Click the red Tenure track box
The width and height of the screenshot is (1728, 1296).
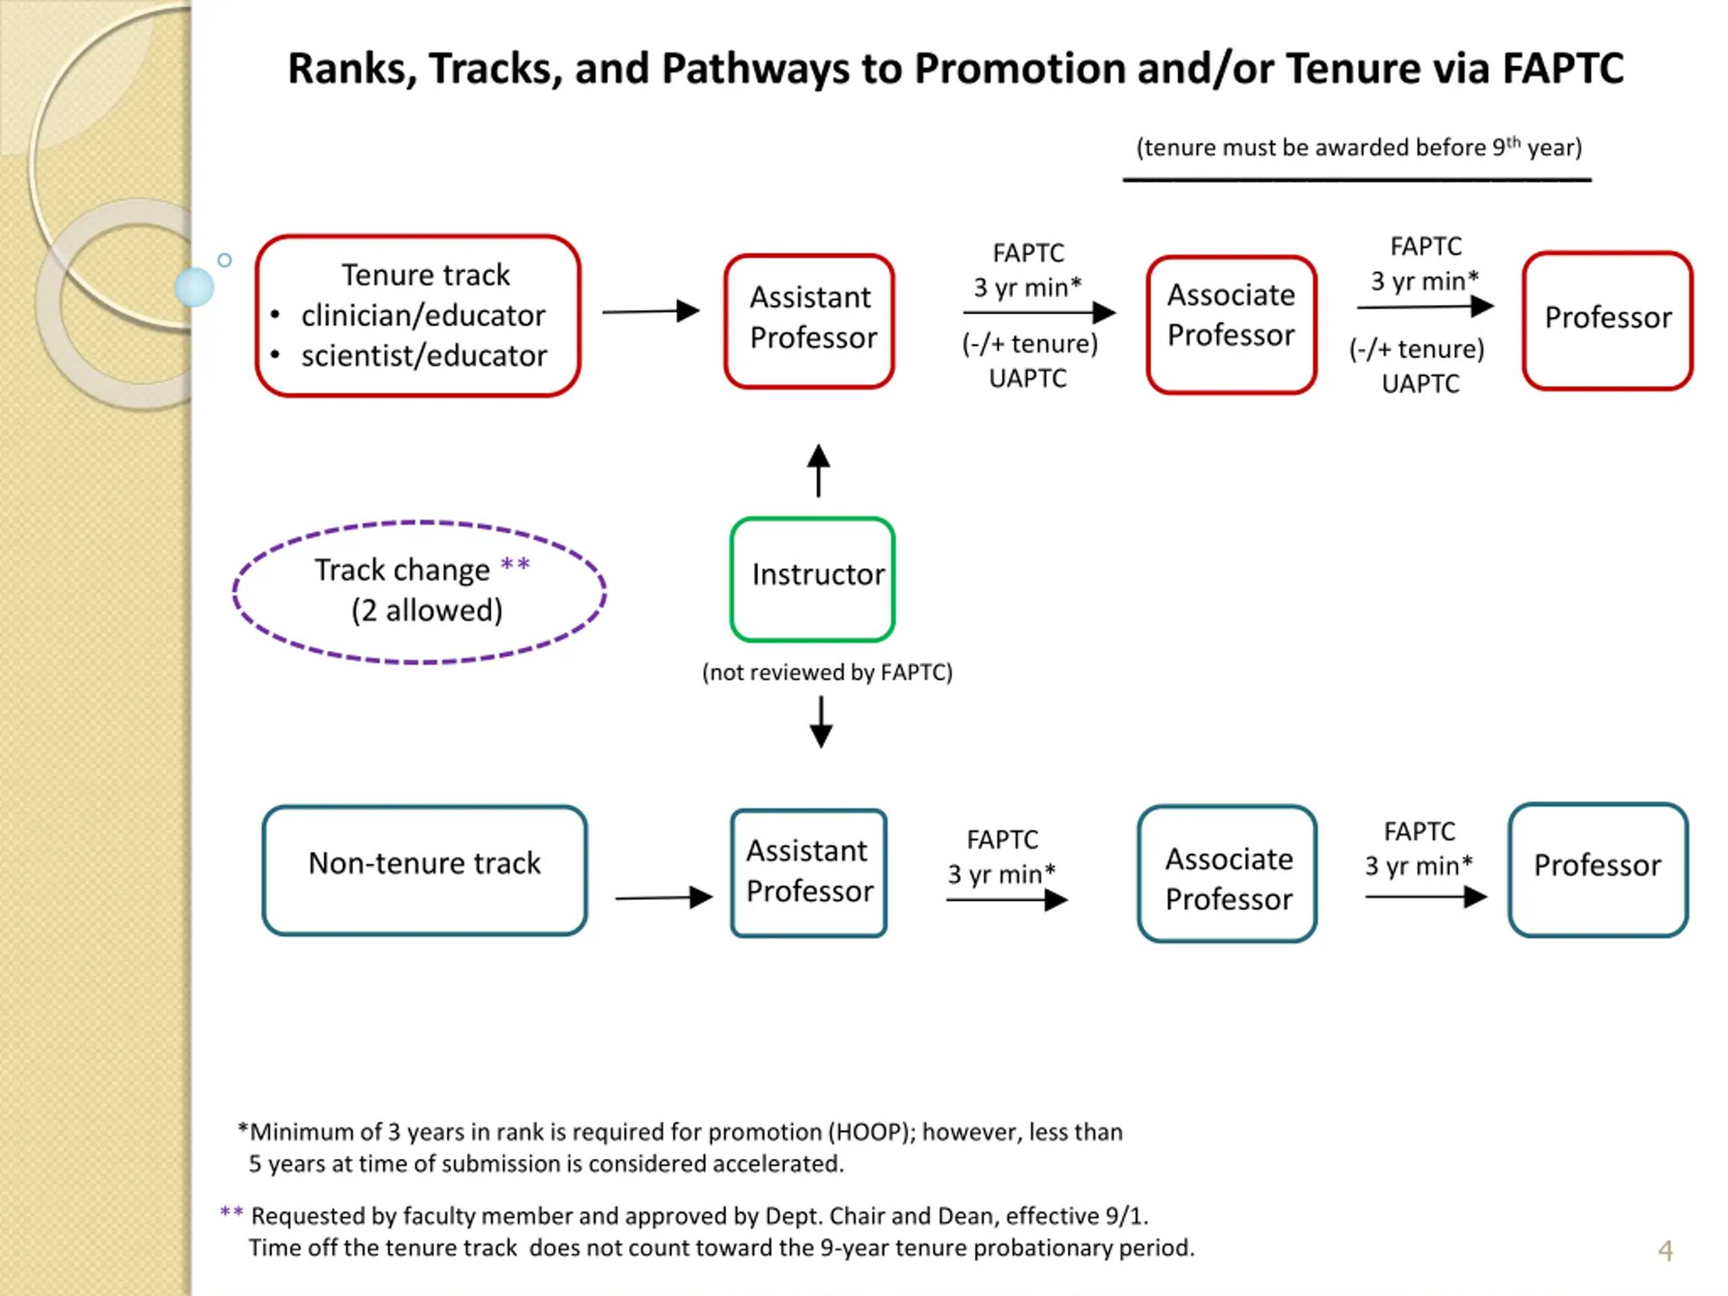point(418,316)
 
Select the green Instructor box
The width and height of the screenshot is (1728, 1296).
point(813,579)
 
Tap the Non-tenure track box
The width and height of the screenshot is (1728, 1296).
point(424,870)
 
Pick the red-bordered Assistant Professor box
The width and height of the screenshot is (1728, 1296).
point(809,321)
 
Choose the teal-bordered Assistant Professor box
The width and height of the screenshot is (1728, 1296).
point(809,873)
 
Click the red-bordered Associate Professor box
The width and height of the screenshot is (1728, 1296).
point(1232,324)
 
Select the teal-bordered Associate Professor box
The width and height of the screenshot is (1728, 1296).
point(1227,873)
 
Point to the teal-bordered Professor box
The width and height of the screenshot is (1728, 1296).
point(1598,869)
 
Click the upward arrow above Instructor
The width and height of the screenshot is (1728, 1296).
point(819,470)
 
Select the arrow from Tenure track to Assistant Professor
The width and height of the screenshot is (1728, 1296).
point(651,312)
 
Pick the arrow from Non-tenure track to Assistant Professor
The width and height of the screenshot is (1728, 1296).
point(664,898)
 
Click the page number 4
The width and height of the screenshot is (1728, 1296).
point(1665,1251)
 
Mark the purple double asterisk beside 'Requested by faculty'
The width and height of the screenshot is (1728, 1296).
point(232,1212)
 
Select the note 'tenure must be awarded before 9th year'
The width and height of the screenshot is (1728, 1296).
point(1359,147)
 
